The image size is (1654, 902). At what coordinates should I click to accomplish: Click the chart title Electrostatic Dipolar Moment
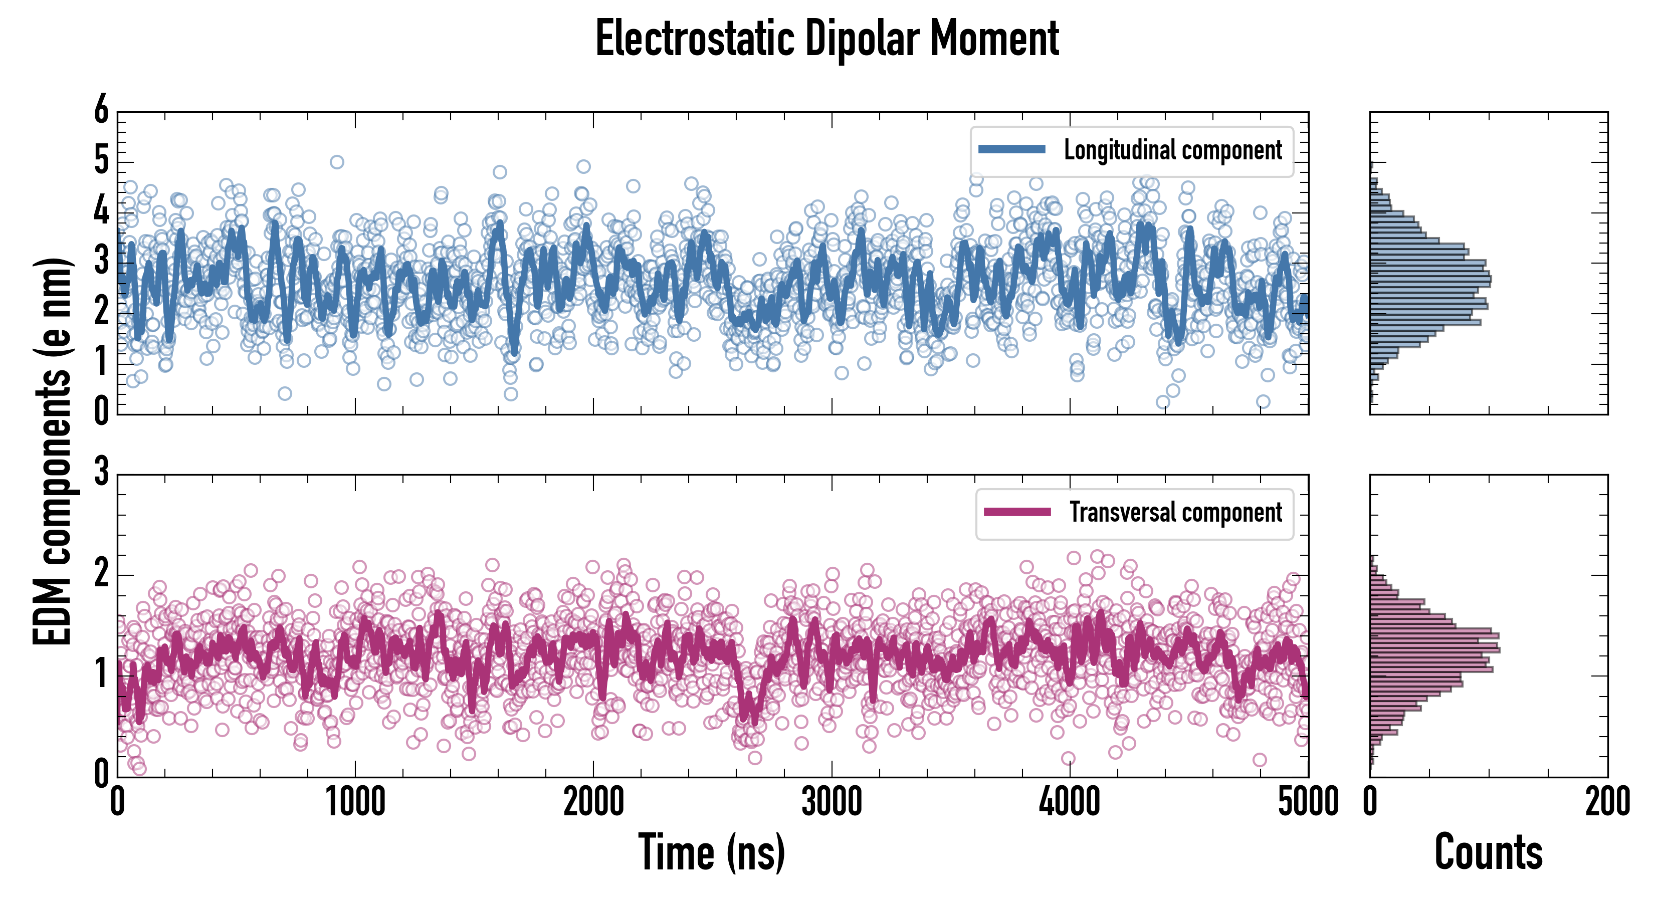coord(827,39)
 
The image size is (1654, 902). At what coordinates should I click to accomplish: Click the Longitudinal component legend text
coord(1172,150)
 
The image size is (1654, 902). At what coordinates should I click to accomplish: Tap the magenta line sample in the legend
coord(1017,512)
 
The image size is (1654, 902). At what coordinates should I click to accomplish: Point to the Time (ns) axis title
coord(711,852)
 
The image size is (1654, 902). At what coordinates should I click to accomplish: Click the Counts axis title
coord(1488,852)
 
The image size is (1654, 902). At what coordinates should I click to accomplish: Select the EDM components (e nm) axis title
coord(53,452)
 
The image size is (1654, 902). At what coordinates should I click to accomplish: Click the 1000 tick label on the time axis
coord(355,802)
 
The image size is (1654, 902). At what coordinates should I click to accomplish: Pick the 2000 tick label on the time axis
coord(593,802)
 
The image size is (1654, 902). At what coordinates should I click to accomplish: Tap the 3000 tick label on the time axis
coord(832,802)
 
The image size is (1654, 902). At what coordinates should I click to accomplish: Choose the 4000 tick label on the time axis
coord(1070,802)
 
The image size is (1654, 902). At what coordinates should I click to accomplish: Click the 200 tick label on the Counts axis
coord(1607,802)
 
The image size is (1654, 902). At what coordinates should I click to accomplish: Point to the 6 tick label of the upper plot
coord(101,110)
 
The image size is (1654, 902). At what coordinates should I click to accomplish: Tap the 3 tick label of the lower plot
coord(101,473)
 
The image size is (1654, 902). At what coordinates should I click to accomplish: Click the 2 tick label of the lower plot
coord(101,573)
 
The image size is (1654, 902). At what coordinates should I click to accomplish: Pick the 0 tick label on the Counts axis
coord(1370,802)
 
